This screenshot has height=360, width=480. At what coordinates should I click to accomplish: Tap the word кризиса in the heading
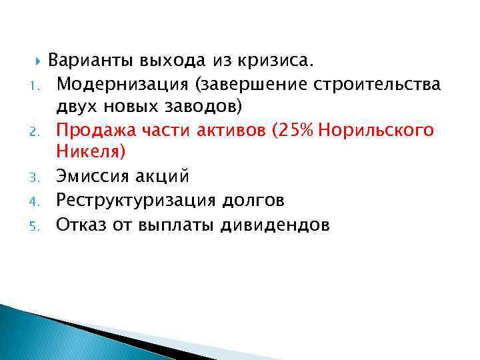[x=280, y=62]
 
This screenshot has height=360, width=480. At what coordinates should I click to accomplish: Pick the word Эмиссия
[x=89, y=176]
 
